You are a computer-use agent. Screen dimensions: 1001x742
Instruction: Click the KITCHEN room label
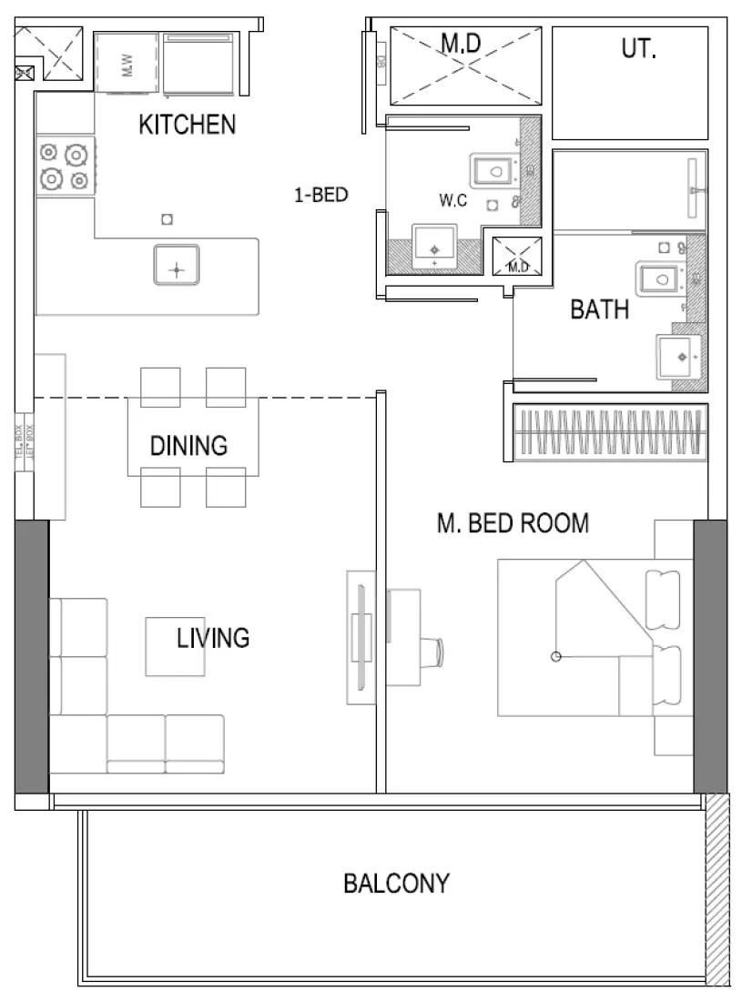point(187,126)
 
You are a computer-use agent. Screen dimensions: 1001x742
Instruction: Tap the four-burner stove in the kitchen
point(66,166)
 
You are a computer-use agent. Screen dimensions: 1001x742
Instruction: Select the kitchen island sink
point(177,266)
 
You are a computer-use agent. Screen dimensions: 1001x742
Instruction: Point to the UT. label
point(638,50)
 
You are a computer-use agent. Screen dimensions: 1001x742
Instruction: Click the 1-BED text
point(320,194)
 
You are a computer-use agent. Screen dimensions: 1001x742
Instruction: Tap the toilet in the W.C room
point(493,170)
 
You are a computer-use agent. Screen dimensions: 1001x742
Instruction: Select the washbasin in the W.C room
point(435,247)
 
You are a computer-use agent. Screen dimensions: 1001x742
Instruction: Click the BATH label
point(599,309)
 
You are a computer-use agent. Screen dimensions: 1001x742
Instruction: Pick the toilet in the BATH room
point(660,278)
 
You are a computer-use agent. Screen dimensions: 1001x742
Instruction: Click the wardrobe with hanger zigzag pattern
point(610,432)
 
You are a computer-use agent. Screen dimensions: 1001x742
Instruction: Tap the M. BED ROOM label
point(513,523)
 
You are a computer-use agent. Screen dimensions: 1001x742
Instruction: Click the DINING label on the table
point(188,446)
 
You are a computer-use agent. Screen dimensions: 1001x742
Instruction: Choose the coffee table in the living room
point(176,646)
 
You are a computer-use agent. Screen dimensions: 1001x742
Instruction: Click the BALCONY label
point(395,883)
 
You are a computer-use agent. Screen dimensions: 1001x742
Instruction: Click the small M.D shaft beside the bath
point(517,255)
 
